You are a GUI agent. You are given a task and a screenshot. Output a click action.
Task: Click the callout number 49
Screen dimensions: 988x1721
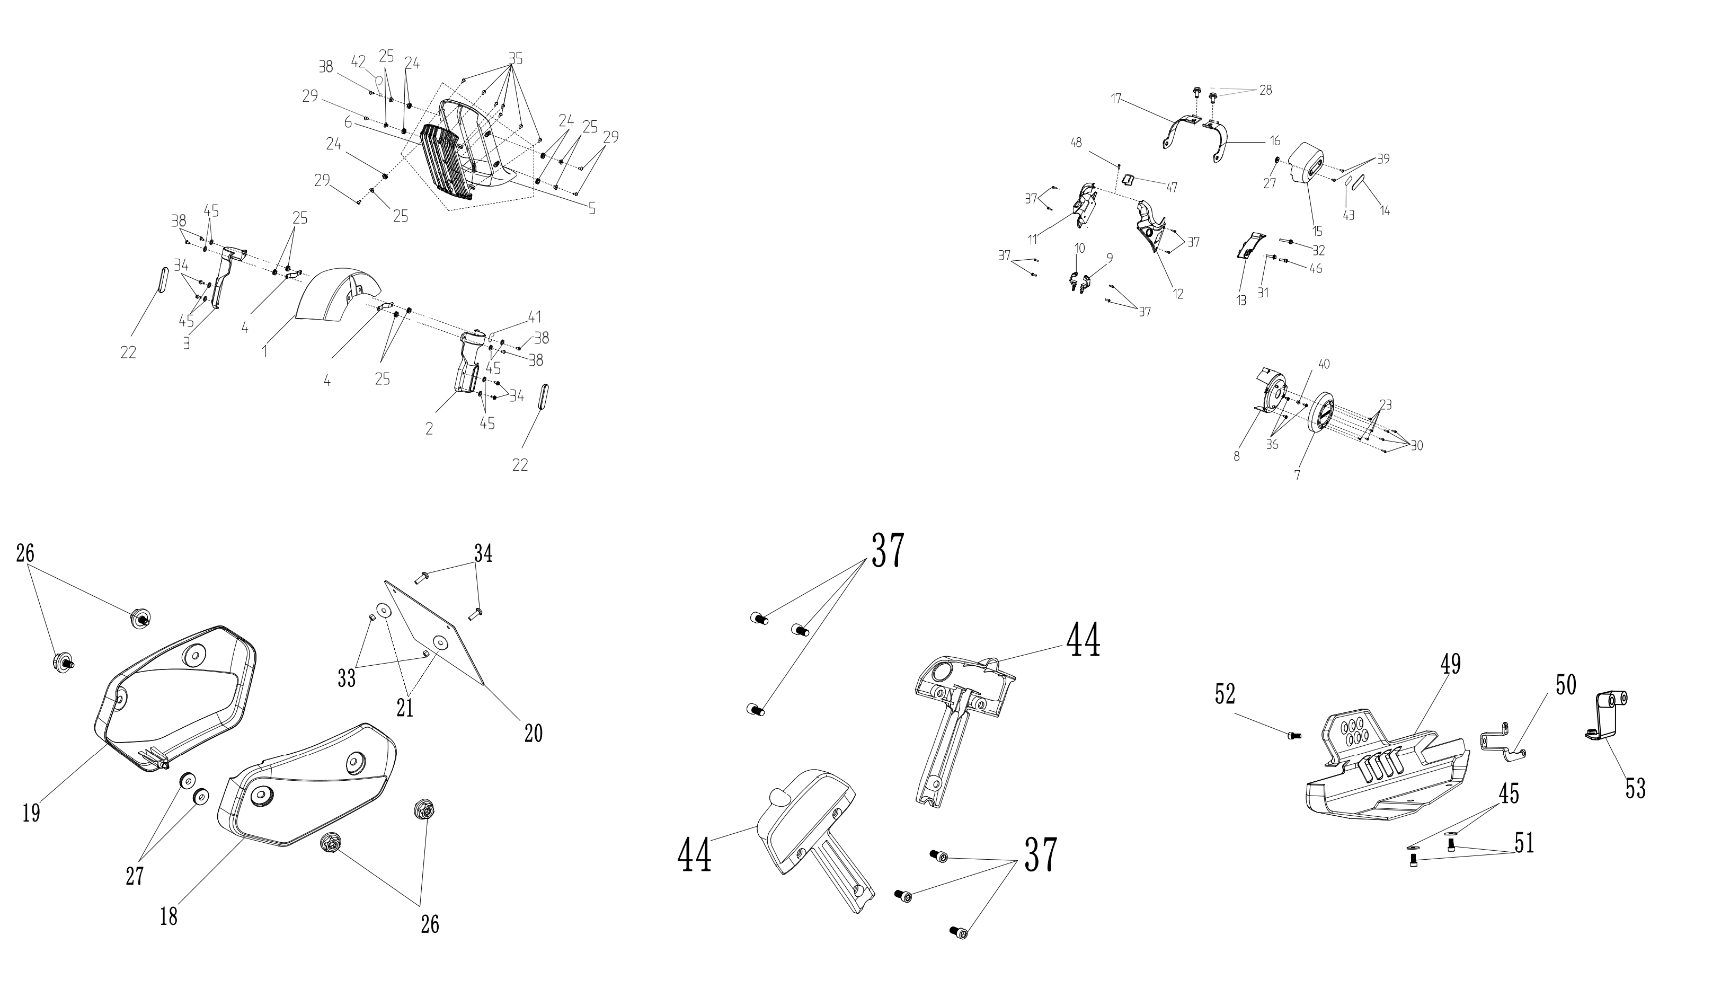pyautogui.click(x=1450, y=664)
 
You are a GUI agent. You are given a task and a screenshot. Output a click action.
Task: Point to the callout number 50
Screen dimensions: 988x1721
pyautogui.click(x=1566, y=685)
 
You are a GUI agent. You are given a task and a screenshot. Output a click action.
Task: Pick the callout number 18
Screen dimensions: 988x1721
pyautogui.click(x=168, y=917)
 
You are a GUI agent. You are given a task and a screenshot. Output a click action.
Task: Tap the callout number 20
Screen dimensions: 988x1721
pyautogui.click(x=533, y=734)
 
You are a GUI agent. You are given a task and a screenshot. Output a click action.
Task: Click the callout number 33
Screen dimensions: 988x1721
pyautogui.click(x=347, y=678)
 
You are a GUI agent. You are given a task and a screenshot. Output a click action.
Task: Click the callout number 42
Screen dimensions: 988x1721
pyautogui.click(x=359, y=61)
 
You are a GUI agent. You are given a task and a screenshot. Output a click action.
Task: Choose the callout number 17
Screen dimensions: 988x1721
pyautogui.click(x=1116, y=99)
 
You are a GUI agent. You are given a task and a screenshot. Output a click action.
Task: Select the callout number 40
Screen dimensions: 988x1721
pyautogui.click(x=1324, y=364)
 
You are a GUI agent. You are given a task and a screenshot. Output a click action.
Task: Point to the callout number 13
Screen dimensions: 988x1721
pyautogui.click(x=1241, y=301)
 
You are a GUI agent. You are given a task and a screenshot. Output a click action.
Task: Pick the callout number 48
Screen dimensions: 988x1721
pyautogui.click(x=1077, y=143)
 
